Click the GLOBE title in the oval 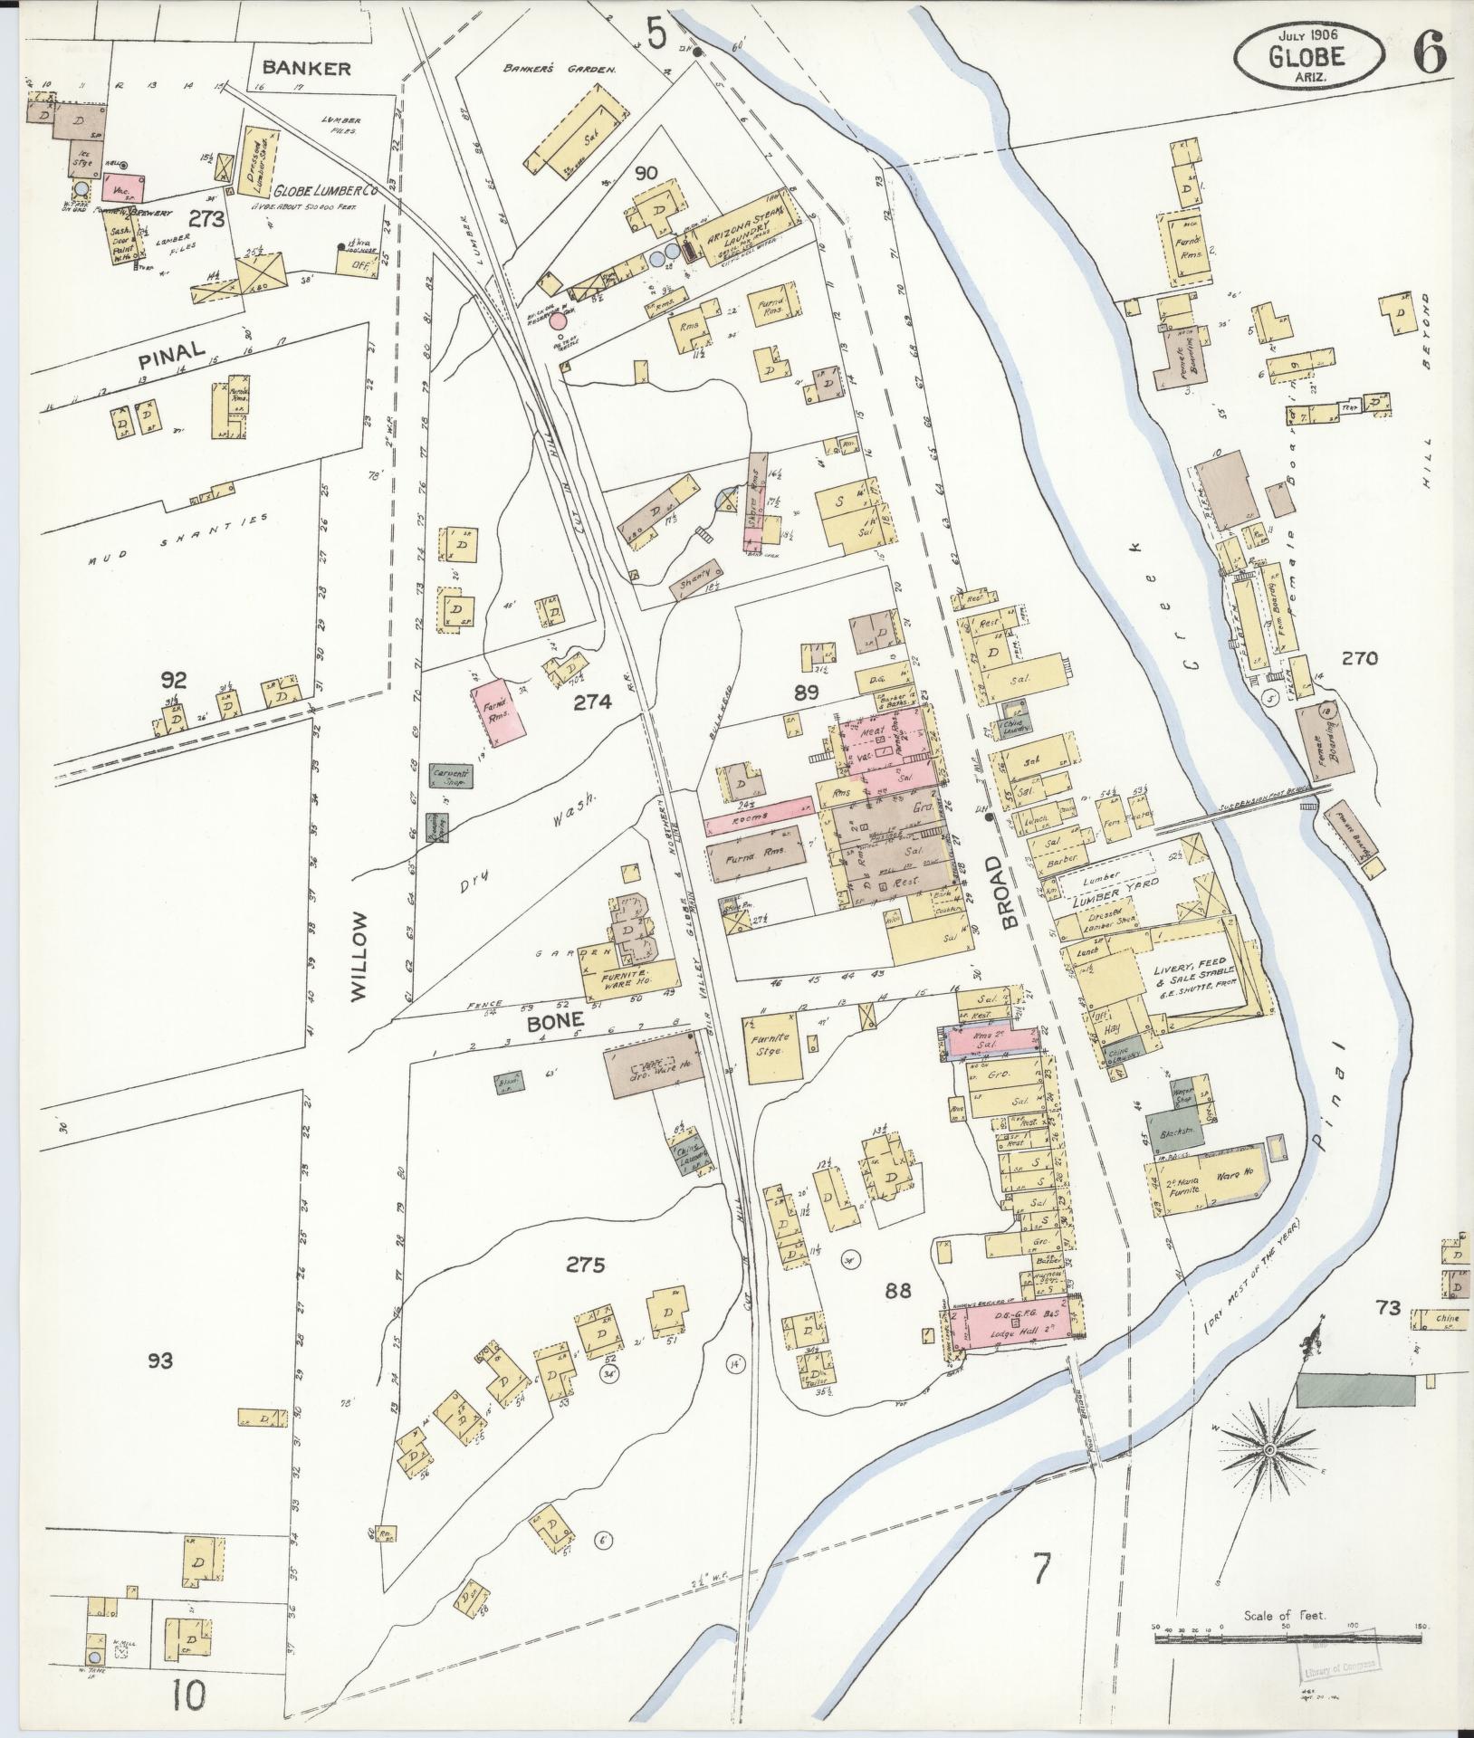point(1308,55)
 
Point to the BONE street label point(553,1020)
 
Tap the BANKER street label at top point(306,69)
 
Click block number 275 point(585,1265)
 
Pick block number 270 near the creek point(1359,659)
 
